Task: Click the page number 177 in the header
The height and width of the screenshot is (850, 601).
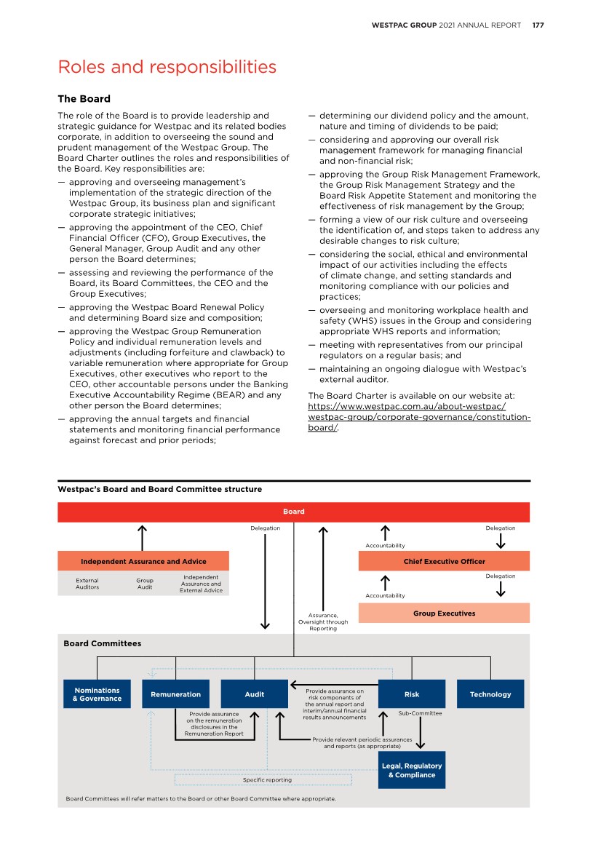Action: point(538,25)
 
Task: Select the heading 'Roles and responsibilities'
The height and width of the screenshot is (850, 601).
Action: point(167,67)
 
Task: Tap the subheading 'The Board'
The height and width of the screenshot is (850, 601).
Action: point(84,99)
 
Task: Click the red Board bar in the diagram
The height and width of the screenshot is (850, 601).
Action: point(293,512)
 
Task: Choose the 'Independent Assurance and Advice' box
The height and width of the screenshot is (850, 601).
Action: point(143,561)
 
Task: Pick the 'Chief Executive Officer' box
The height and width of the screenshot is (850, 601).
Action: point(444,561)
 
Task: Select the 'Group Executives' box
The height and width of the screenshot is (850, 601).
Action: point(444,613)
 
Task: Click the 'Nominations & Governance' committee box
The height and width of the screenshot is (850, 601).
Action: point(97,694)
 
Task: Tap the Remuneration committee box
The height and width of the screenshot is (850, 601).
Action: point(175,694)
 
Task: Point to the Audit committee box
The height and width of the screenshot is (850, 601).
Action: point(254,694)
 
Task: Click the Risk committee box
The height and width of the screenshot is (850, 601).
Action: point(411,694)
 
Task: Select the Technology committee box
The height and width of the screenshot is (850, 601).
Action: point(490,694)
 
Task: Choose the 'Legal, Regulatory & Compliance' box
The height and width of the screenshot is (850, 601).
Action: point(411,771)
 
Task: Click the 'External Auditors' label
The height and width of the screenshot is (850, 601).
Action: point(87,584)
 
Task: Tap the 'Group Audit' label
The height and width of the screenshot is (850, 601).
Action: point(145,584)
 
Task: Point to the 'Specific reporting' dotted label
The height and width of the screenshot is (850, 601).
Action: point(266,779)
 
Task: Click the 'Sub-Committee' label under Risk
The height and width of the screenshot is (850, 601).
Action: point(420,713)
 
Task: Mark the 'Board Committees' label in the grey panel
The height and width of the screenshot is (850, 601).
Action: point(102,643)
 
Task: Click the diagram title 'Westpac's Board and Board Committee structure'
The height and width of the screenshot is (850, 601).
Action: point(159,489)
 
